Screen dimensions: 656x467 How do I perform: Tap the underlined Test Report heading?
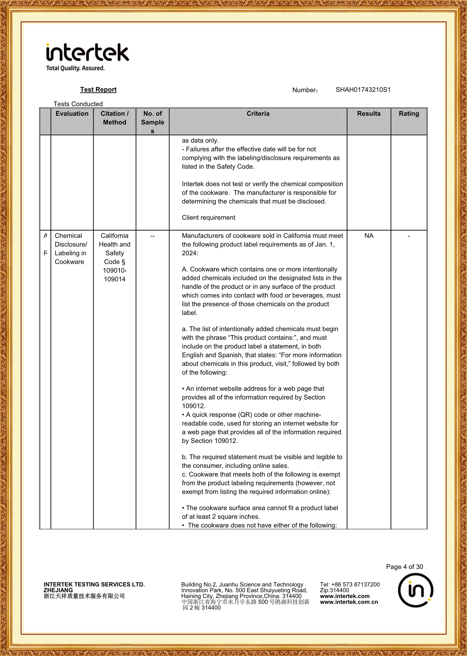(98, 90)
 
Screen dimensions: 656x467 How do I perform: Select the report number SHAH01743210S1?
(363, 90)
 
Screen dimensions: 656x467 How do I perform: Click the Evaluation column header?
(72, 114)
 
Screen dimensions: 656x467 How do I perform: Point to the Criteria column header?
(258, 114)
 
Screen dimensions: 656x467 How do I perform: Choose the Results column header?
(369, 114)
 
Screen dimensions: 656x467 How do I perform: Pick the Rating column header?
(409, 114)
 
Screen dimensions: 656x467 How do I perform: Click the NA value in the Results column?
(369, 236)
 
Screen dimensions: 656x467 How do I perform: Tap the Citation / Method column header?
(115, 118)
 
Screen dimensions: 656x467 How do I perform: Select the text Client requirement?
(209, 218)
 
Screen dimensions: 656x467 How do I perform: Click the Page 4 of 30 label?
(404, 567)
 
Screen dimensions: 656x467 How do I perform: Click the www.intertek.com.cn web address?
(349, 602)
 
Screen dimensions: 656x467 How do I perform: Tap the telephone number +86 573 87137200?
(350, 584)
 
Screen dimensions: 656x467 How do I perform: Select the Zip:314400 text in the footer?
(334, 590)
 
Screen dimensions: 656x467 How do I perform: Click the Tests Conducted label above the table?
(78, 104)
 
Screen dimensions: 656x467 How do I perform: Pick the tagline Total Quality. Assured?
(75, 68)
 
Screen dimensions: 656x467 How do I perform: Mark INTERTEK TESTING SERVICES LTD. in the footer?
(94, 584)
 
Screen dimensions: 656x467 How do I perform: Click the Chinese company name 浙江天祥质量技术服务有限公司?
(84, 596)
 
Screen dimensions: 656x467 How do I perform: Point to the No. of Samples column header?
(152, 122)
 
